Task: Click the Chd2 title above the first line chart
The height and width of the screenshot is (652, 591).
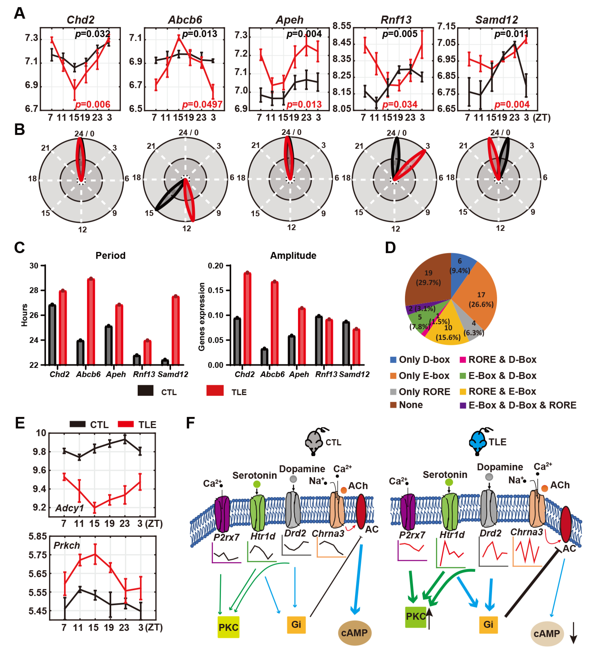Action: (x=81, y=20)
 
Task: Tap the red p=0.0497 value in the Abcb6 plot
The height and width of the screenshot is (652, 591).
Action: (x=202, y=105)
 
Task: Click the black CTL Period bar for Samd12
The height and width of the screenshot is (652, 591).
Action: (x=165, y=362)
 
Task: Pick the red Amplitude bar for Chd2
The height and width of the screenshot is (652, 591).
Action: (x=247, y=319)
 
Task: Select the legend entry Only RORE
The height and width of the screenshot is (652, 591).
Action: (x=424, y=392)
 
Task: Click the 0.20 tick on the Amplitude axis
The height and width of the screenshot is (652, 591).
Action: (x=216, y=266)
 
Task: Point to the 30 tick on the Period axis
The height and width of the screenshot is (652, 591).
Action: (x=34, y=266)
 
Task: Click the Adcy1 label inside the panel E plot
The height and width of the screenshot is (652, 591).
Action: (x=69, y=508)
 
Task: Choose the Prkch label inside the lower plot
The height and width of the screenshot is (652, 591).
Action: (x=67, y=546)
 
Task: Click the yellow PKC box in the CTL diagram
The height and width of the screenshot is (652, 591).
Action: (x=228, y=627)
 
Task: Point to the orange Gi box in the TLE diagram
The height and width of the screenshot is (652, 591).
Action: (x=488, y=624)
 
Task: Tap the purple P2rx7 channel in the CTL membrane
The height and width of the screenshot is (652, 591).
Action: (x=222, y=514)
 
